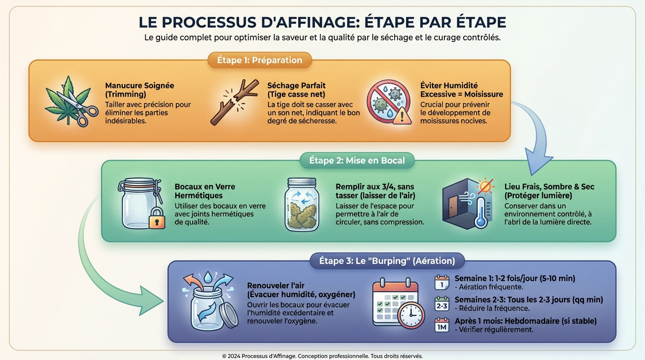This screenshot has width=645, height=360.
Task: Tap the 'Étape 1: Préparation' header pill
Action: click(259, 60)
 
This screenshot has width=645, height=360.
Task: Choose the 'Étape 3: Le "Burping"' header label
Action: click(387, 261)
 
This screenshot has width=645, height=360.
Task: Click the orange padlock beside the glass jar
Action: click(157, 219)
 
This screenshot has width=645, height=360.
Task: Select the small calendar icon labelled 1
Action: click(442, 283)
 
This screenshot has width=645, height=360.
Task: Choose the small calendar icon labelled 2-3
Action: click(442, 304)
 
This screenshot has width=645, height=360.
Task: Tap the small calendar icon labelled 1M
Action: click(442, 325)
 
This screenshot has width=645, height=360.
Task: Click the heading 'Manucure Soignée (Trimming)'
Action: click(139, 90)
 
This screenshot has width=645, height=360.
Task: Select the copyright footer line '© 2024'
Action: click(322, 356)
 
